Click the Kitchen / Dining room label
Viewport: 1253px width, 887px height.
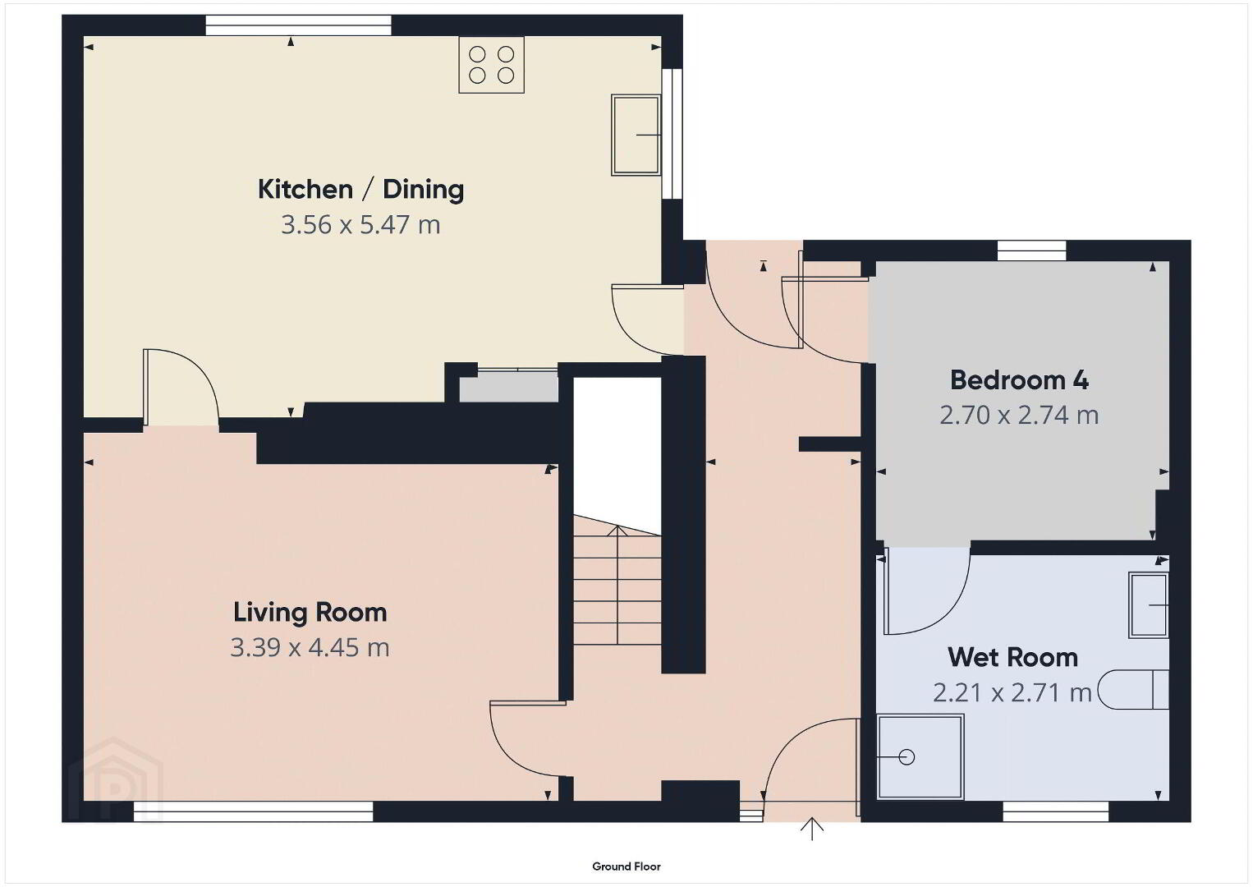360,190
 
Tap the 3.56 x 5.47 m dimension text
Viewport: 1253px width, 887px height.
360,224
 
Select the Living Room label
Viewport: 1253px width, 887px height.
310,612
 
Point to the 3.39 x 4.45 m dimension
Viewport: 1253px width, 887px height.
310,647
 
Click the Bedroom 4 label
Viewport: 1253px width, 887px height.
1019,380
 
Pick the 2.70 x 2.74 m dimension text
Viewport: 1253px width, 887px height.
1019,416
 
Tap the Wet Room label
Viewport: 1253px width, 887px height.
1013,658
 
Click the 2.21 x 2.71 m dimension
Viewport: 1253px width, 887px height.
1012,693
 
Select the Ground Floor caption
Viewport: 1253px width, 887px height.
626,866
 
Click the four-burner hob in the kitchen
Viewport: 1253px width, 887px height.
491,64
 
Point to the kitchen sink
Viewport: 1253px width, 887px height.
636,135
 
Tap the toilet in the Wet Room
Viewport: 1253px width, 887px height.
1133,689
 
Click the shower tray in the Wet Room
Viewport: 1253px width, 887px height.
920,756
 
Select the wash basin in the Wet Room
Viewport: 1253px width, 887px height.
1149,605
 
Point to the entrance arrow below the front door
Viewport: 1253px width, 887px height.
811,829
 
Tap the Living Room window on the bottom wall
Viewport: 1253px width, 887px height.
254,811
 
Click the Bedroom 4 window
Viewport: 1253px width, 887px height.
1032,250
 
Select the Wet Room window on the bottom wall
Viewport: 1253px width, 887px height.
1056,811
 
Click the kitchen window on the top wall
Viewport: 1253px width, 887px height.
299,25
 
